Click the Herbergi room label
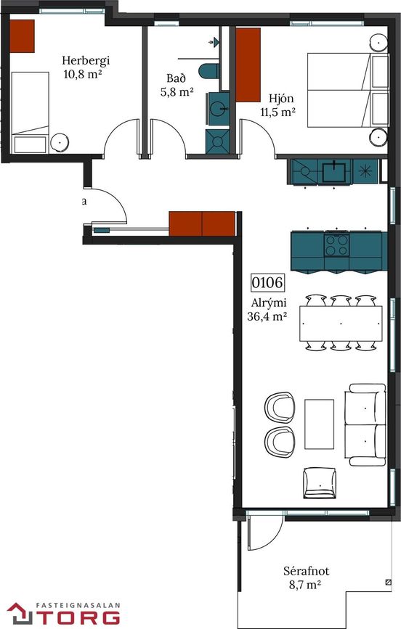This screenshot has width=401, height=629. [x=86, y=60]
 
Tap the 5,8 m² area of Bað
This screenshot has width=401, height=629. [x=177, y=92]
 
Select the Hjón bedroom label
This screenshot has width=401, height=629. [x=281, y=98]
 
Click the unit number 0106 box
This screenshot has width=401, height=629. [x=267, y=282]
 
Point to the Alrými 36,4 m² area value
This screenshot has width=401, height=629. [x=267, y=316]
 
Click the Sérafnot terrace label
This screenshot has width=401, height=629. [x=306, y=570]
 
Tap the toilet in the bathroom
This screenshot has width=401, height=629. [x=208, y=71]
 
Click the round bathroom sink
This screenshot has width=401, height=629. [x=219, y=108]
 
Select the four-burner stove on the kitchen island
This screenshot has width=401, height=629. [x=336, y=244]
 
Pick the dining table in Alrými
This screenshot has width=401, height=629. [x=341, y=324]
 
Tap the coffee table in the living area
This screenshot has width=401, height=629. [x=319, y=424]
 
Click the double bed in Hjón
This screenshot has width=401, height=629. [x=348, y=90]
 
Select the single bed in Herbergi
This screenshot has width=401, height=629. [x=30, y=112]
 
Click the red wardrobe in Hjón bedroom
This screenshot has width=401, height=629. [x=248, y=65]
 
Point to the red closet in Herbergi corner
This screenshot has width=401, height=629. [x=22, y=36]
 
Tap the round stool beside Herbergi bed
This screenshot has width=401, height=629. [x=60, y=142]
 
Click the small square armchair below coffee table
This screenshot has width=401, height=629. [x=320, y=482]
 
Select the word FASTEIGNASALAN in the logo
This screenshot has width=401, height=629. [x=78, y=605]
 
